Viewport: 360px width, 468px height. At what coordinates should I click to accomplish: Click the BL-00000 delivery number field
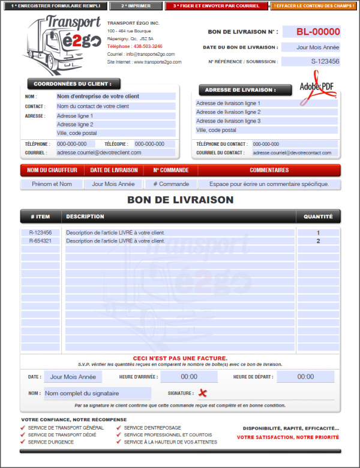[311, 32]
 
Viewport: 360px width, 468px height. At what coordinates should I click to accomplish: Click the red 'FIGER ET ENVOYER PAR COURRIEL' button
[217, 6]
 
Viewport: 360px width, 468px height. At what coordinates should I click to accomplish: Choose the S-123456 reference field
[311, 61]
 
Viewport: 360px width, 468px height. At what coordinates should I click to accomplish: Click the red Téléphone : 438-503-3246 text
[134, 46]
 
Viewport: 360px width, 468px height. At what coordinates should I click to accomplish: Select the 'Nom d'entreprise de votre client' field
[115, 96]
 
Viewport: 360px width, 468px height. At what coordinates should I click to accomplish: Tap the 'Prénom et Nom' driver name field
[52, 184]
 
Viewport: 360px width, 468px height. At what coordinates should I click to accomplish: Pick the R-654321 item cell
[40, 241]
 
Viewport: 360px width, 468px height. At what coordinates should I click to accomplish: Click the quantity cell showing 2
[318, 241]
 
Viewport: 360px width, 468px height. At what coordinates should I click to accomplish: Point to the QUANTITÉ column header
[318, 217]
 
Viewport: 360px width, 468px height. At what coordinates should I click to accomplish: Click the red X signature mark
[203, 393]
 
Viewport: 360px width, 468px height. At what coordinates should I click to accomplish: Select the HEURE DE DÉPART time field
[305, 377]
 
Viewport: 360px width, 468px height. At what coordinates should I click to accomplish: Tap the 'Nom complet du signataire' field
[97, 394]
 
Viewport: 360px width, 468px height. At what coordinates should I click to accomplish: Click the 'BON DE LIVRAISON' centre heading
[180, 200]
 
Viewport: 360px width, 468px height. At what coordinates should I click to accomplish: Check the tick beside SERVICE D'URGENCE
[23, 442]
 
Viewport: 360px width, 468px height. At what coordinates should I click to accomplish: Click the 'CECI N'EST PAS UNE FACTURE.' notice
[180, 358]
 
